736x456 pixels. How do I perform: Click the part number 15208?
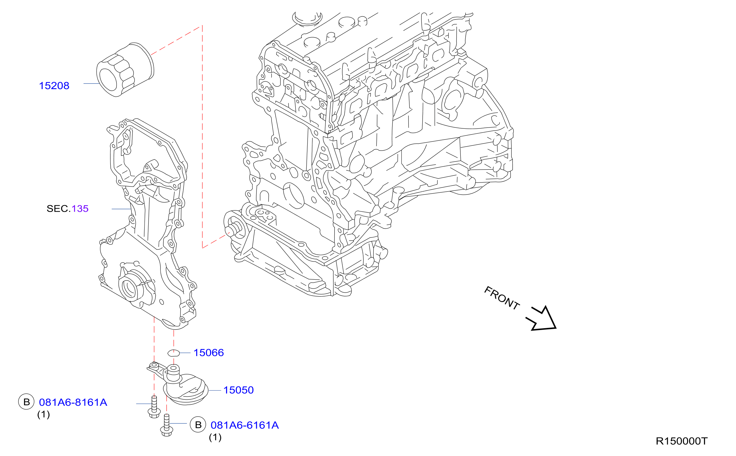(x=54, y=86)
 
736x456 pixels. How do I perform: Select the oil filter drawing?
(x=125, y=70)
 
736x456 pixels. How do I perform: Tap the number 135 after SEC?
(x=80, y=209)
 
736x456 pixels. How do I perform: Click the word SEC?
(x=58, y=209)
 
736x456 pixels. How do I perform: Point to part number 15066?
(x=209, y=353)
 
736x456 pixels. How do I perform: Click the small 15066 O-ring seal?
(x=173, y=353)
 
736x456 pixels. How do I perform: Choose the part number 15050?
(x=238, y=390)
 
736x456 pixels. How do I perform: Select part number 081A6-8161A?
(x=73, y=403)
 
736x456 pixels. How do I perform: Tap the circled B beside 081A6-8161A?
(x=26, y=402)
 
